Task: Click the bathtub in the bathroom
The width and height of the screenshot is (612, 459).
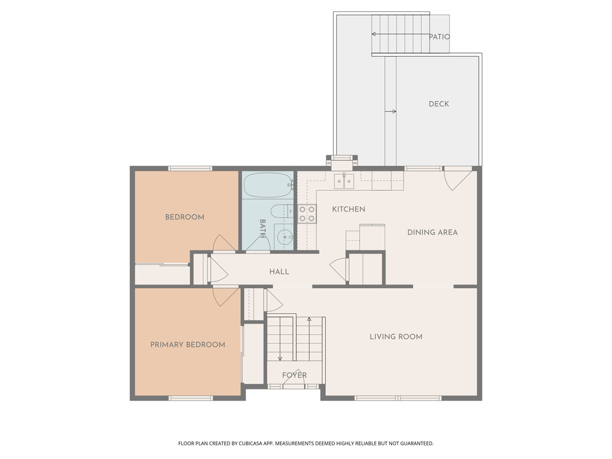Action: click(268, 185)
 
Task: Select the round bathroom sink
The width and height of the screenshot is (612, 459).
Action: click(285, 237)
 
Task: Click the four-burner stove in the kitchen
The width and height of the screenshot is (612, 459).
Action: click(307, 214)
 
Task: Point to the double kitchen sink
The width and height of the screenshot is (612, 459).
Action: click(344, 182)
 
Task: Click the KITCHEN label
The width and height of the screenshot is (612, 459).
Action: click(348, 209)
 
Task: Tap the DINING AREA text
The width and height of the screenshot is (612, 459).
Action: click(433, 232)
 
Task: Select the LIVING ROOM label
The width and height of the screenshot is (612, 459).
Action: click(396, 336)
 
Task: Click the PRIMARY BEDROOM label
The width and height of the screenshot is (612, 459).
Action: click(188, 345)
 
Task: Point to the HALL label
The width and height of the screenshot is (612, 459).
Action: click(279, 272)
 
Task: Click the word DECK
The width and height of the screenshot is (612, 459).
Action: click(439, 104)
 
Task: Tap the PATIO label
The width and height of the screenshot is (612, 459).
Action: click(439, 36)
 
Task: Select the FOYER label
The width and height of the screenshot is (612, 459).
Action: click(294, 375)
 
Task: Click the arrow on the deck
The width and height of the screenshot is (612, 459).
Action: click(390, 112)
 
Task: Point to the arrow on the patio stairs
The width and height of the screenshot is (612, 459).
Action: click(400, 34)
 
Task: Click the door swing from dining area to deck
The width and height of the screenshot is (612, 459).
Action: click(455, 179)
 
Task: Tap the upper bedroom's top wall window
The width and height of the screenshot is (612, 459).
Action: click(190, 169)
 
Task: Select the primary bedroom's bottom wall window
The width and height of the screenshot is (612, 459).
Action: click(191, 398)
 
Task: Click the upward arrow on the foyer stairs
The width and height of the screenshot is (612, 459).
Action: click(309, 339)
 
